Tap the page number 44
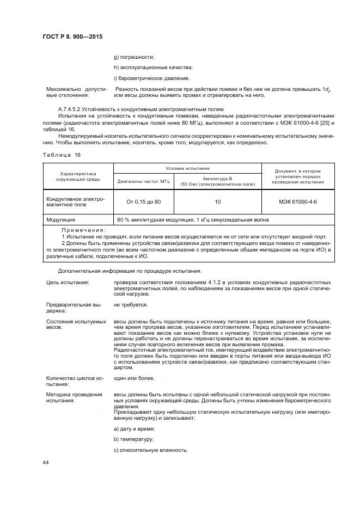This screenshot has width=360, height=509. coord(46,462)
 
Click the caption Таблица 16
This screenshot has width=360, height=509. coord(61,155)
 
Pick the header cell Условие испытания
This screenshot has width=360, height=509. coord(187,169)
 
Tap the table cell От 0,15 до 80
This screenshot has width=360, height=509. coord(144,201)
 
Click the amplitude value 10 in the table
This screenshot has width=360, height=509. coord(217,201)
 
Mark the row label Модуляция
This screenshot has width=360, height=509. coord(61,219)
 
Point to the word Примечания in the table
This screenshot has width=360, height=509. coord(83,230)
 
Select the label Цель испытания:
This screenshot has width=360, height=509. coord(68,283)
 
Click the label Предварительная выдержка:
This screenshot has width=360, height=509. coord(70,308)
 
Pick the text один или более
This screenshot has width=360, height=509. coord(134,378)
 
